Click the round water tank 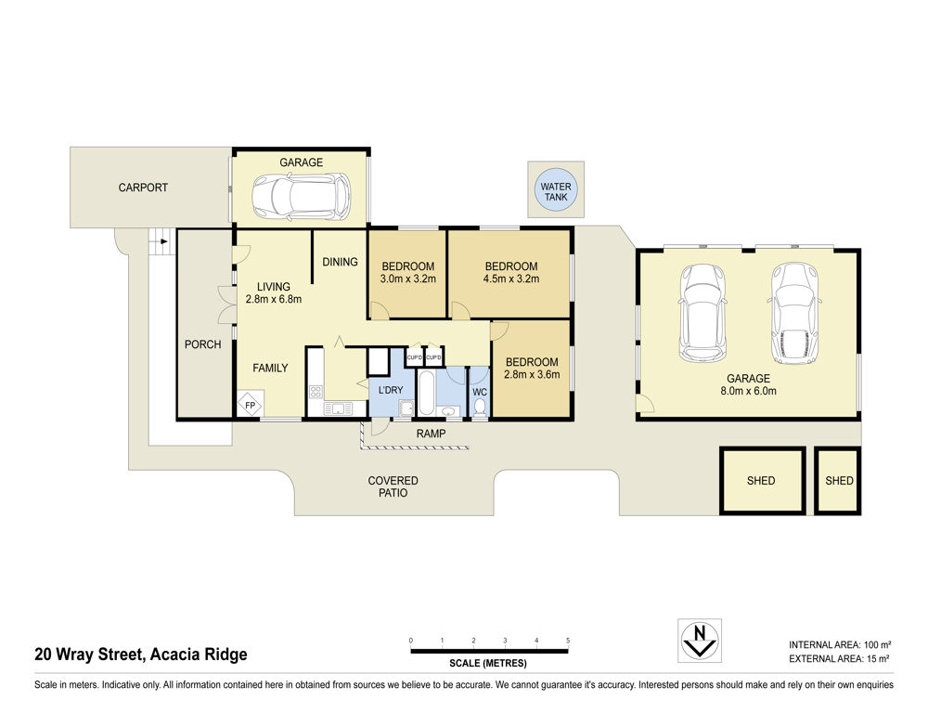pos(556,189)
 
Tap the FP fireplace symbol pos(251,405)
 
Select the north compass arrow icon pos(700,641)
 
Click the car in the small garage pos(301,197)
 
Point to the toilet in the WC pos(480,407)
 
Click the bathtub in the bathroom pos(426,393)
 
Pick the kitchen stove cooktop pos(316,391)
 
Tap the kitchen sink pos(338,408)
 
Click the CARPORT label pos(143,188)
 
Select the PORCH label pos(203,344)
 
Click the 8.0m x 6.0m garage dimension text pos(748,391)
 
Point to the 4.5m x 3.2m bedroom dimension pos(511,279)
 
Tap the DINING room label pos(341,262)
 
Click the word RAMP pos(431,434)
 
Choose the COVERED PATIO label pos(393,486)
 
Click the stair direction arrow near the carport pos(161,241)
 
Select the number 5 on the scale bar pos(568,641)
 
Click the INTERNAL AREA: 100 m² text pos(840,645)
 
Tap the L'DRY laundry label pos(391,390)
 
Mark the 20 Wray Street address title pos(141,655)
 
